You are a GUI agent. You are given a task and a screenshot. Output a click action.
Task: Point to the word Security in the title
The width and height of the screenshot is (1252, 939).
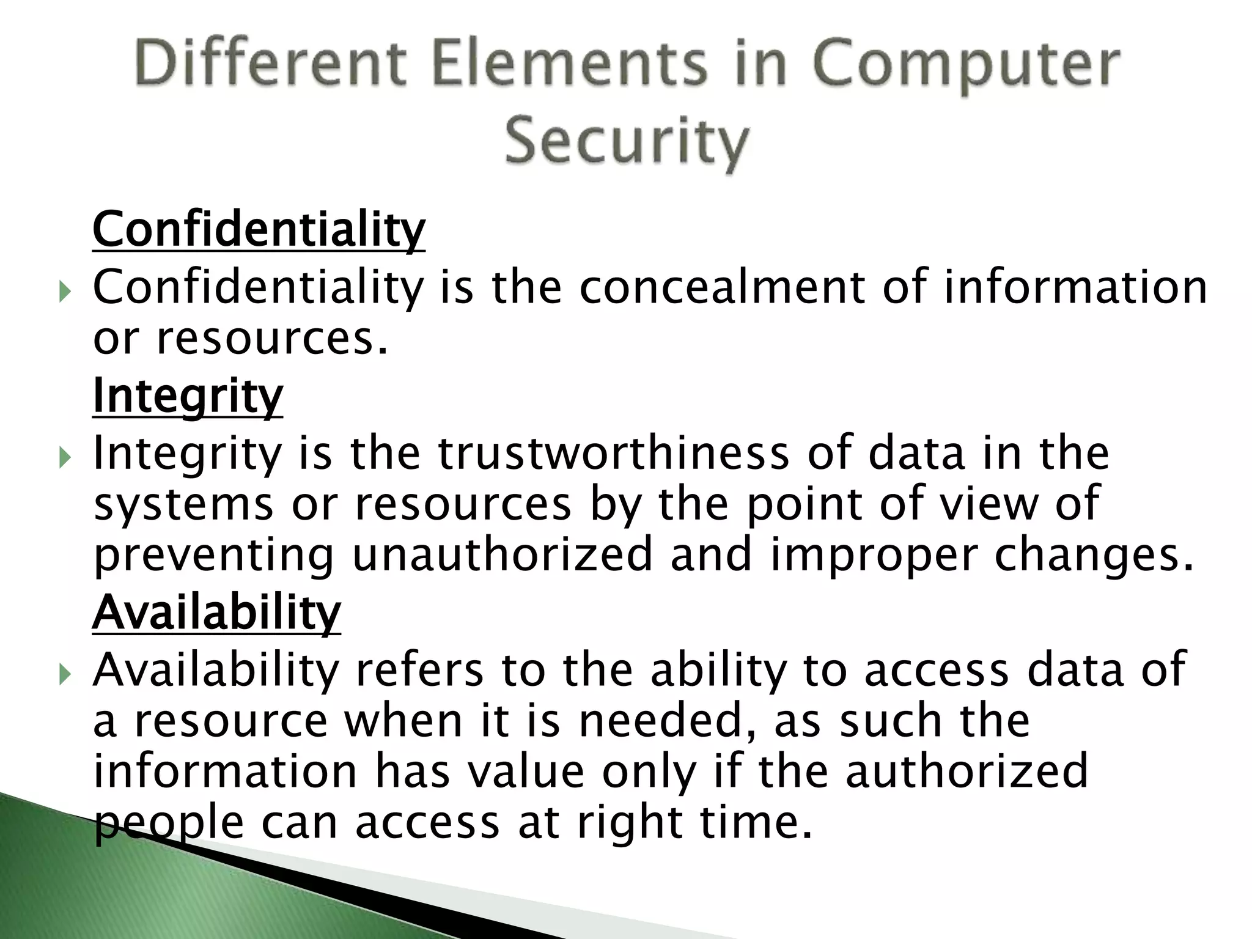(x=627, y=143)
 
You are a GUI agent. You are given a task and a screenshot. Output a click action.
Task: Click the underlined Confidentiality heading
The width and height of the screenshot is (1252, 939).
(x=259, y=229)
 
